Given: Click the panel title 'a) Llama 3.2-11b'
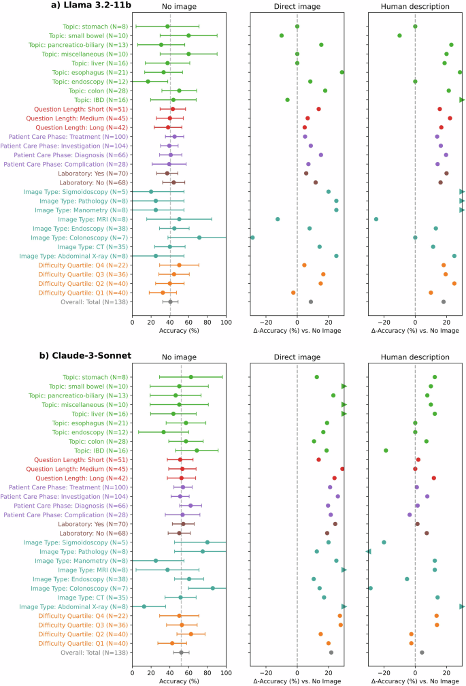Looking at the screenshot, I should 86,6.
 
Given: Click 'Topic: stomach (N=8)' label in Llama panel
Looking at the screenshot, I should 96,27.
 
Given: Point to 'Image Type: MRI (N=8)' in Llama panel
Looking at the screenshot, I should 93,219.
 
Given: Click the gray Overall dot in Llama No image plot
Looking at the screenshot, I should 170,301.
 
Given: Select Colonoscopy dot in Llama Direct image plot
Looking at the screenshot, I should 252,238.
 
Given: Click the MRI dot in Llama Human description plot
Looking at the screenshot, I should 376,219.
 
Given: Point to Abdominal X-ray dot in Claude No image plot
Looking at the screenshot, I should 144,606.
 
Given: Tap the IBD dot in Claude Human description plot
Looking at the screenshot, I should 386,451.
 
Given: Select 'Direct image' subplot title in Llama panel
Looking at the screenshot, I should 297,7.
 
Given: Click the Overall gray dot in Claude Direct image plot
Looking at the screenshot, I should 331,652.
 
